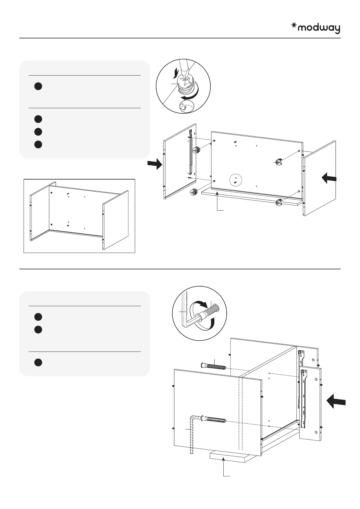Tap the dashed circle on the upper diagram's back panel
235,180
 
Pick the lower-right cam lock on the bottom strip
279,203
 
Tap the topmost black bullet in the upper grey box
38,86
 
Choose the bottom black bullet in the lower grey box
38,362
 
